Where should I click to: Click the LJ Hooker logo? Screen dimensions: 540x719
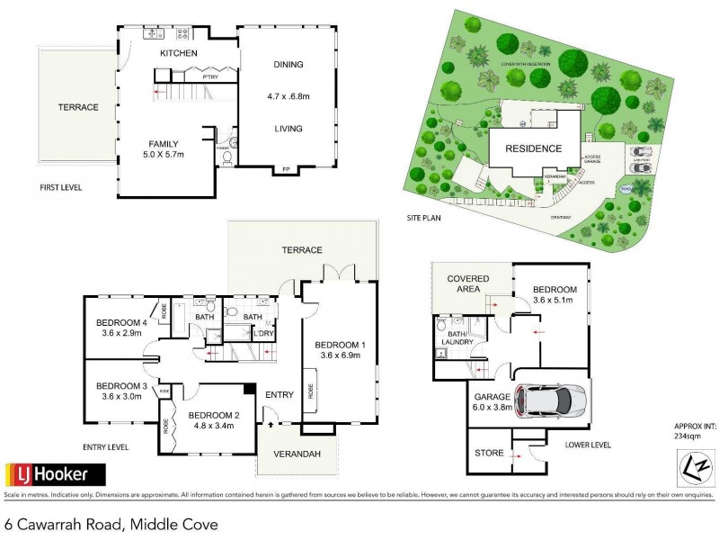point(56,473)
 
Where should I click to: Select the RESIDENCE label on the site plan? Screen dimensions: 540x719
point(533,148)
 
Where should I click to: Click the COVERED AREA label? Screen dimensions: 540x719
point(468,284)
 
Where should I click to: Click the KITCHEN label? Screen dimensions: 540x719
point(178,54)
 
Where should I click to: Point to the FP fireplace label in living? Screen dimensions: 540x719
point(286,169)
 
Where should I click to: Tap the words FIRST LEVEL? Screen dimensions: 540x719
point(63,188)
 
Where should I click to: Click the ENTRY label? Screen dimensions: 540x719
point(280,394)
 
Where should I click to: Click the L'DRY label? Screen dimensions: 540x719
point(263,335)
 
